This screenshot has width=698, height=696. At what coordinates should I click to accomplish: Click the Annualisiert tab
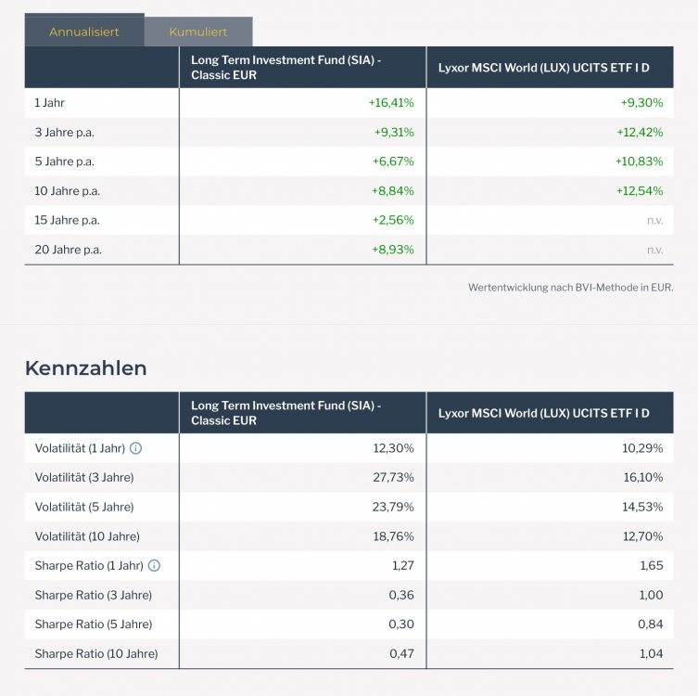pos(84,32)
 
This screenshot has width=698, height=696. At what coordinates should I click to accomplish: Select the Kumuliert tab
pos(198,32)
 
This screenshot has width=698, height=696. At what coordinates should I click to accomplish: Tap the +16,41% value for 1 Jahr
pos(391,103)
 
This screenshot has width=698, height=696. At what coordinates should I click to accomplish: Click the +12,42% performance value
pos(640,133)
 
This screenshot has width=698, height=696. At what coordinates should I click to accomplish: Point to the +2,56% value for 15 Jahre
pos(394,221)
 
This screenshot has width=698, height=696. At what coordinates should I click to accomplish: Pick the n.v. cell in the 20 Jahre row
pos(654,250)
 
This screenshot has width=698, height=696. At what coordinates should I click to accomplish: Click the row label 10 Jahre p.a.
pos(67,191)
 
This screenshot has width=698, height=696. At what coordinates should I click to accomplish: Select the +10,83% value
pos(640,161)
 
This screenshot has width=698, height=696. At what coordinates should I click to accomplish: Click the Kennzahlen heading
pos(85,368)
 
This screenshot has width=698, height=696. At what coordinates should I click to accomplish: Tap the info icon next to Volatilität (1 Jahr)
pos(136,448)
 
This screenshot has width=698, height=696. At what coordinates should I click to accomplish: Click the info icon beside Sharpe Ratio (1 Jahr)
pos(154,565)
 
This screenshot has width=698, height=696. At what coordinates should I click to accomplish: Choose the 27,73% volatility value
pos(393,477)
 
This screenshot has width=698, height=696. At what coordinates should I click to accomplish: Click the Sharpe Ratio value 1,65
pos(651,565)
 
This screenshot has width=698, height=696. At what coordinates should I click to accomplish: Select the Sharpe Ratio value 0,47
pos(401,654)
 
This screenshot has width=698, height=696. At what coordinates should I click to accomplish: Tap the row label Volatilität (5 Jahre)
pos(84,507)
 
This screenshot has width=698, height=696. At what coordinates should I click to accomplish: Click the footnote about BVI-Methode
pos(570,288)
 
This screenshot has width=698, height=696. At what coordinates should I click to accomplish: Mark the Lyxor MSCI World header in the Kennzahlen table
pos(543,413)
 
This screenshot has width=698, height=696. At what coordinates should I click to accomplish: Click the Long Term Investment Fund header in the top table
pos(286,67)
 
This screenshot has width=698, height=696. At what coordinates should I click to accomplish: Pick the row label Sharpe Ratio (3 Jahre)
pos(93,595)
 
